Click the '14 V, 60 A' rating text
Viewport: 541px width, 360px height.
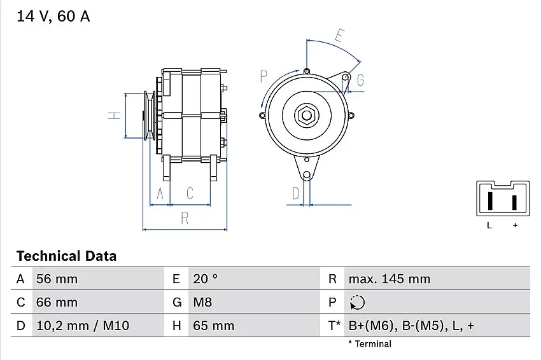[53, 17]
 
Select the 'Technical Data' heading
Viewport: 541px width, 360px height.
[66, 256]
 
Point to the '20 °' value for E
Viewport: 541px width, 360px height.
[206, 279]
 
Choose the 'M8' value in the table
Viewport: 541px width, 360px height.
[202, 302]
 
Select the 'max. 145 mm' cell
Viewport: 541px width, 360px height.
[389, 279]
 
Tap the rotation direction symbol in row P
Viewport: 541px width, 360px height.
[357, 302]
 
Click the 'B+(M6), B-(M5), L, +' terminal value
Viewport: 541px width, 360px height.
[411, 326]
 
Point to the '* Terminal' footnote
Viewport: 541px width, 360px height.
[369, 343]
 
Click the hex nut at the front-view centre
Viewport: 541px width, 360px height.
[306, 115]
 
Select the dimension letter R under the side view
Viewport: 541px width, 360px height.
[185, 218]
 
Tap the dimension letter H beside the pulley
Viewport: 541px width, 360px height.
[114, 116]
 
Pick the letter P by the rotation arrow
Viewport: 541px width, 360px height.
[263, 77]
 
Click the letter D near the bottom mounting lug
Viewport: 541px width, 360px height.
[295, 193]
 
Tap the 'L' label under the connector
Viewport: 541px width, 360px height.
[489, 225]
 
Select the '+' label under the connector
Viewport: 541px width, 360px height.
[515, 225]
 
